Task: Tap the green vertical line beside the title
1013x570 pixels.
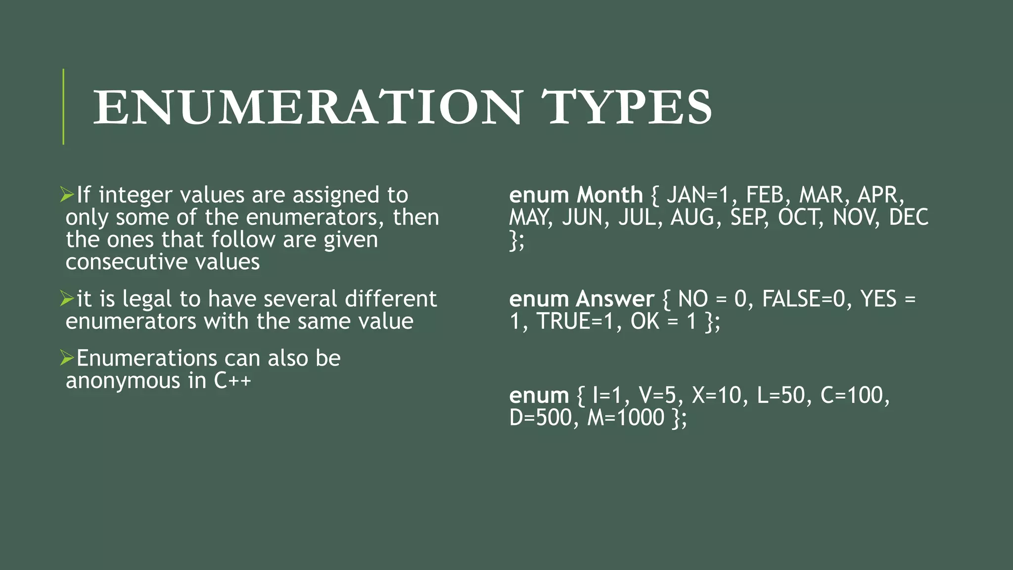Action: coord(63,107)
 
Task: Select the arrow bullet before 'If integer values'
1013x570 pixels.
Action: coord(67,194)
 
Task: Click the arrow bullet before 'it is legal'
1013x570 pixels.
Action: coord(67,298)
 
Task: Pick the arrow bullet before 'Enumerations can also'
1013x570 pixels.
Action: coord(67,358)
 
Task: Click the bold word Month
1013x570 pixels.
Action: coord(609,195)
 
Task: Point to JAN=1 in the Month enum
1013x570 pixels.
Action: coord(697,195)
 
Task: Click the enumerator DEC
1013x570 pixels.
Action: coord(909,218)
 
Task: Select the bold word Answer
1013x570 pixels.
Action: coord(615,299)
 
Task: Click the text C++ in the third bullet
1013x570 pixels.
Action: coord(232,380)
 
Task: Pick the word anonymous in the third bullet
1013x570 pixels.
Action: coord(123,380)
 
